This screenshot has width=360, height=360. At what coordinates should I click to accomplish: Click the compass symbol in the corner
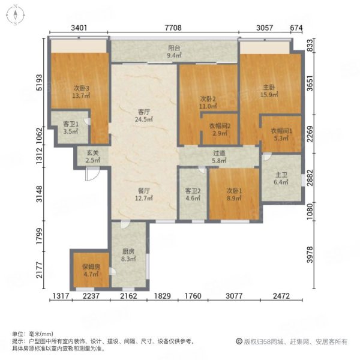(x=15, y=16)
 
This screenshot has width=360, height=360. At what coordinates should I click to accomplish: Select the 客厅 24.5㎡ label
(x=144, y=115)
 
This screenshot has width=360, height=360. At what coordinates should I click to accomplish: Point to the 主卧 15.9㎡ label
(x=269, y=91)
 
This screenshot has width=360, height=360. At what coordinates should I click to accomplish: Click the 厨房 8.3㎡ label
(x=128, y=255)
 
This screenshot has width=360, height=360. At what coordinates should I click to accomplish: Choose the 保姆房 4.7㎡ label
(x=91, y=271)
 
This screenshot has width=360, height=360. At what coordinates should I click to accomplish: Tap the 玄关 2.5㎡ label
(x=92, y=157)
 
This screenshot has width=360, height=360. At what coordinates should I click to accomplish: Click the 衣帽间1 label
(x=281, y=131)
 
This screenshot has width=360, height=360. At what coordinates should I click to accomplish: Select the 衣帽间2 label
(x=220, y=126)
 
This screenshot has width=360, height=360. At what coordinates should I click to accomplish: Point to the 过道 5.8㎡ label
(x=219, y=157)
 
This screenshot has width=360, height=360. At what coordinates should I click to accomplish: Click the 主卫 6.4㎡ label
(x=281, y=179)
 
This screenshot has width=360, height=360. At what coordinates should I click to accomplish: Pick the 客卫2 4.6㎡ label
(x=193, y=194)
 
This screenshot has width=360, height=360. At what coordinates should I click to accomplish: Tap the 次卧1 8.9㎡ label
(x=234, y=194)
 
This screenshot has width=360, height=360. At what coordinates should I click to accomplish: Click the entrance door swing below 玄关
(x=92, y=174)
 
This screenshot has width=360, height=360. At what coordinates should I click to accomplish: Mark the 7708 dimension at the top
(x=173, y=28)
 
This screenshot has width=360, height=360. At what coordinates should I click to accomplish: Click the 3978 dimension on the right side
(x=310, y=254)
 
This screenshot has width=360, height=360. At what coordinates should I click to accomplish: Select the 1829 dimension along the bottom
(x=163, y=296)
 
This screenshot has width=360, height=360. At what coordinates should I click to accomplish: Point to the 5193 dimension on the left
(x=40, y=82)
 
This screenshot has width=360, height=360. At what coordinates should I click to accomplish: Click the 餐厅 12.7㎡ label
(x=144, y=194)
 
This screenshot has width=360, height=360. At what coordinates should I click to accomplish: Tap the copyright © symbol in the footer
(x=239, y=341)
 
